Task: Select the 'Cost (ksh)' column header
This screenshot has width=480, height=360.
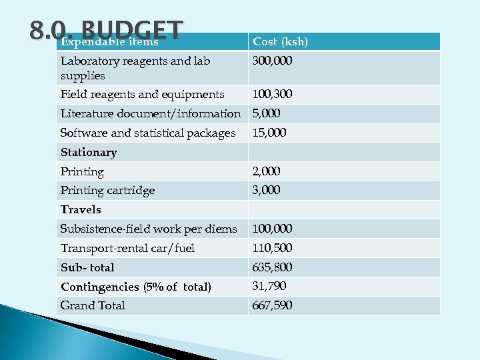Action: (280, 41)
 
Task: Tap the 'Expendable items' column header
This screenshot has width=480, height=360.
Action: (109, 42)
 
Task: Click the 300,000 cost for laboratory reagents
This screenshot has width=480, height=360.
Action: (273, 61)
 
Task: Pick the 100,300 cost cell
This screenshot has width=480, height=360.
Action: (272, 94)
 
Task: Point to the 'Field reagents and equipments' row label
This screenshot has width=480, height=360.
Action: (142, 94)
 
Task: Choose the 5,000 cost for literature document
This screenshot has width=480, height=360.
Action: (267, 113)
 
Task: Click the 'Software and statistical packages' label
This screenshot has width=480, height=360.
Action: (148, 133)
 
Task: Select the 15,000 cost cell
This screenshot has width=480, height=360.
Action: (269, 133)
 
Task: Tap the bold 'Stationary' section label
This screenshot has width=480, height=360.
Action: (89, 152)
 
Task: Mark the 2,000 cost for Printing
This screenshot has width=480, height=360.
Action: (266, 171)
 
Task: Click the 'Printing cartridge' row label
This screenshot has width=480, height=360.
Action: (107, 190)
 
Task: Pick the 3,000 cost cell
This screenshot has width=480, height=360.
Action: (266, 190)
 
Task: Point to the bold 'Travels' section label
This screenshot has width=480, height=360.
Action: (81, 209)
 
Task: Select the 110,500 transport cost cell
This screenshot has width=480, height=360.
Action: (272, 248)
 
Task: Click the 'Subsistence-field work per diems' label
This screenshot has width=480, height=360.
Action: (149, 229)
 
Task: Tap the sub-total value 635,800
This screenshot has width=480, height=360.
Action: (272, 267)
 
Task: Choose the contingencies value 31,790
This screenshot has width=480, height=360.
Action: (269, 286)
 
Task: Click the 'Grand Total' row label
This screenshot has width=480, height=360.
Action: (93, 305)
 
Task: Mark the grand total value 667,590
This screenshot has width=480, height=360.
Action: (272, 305)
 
